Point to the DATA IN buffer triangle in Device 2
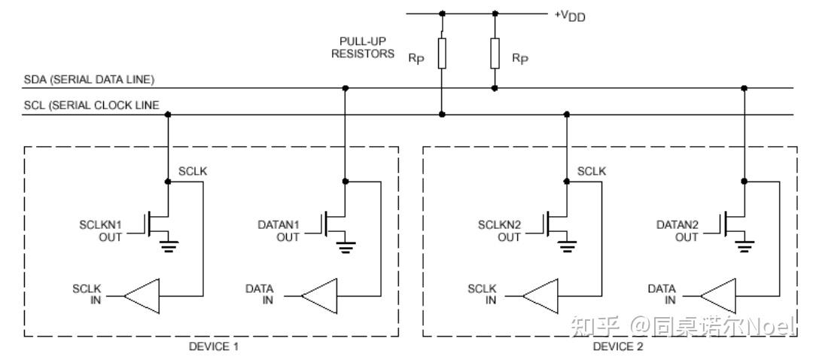[x=718, y=297]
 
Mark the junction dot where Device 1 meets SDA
[x=345, y=88]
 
